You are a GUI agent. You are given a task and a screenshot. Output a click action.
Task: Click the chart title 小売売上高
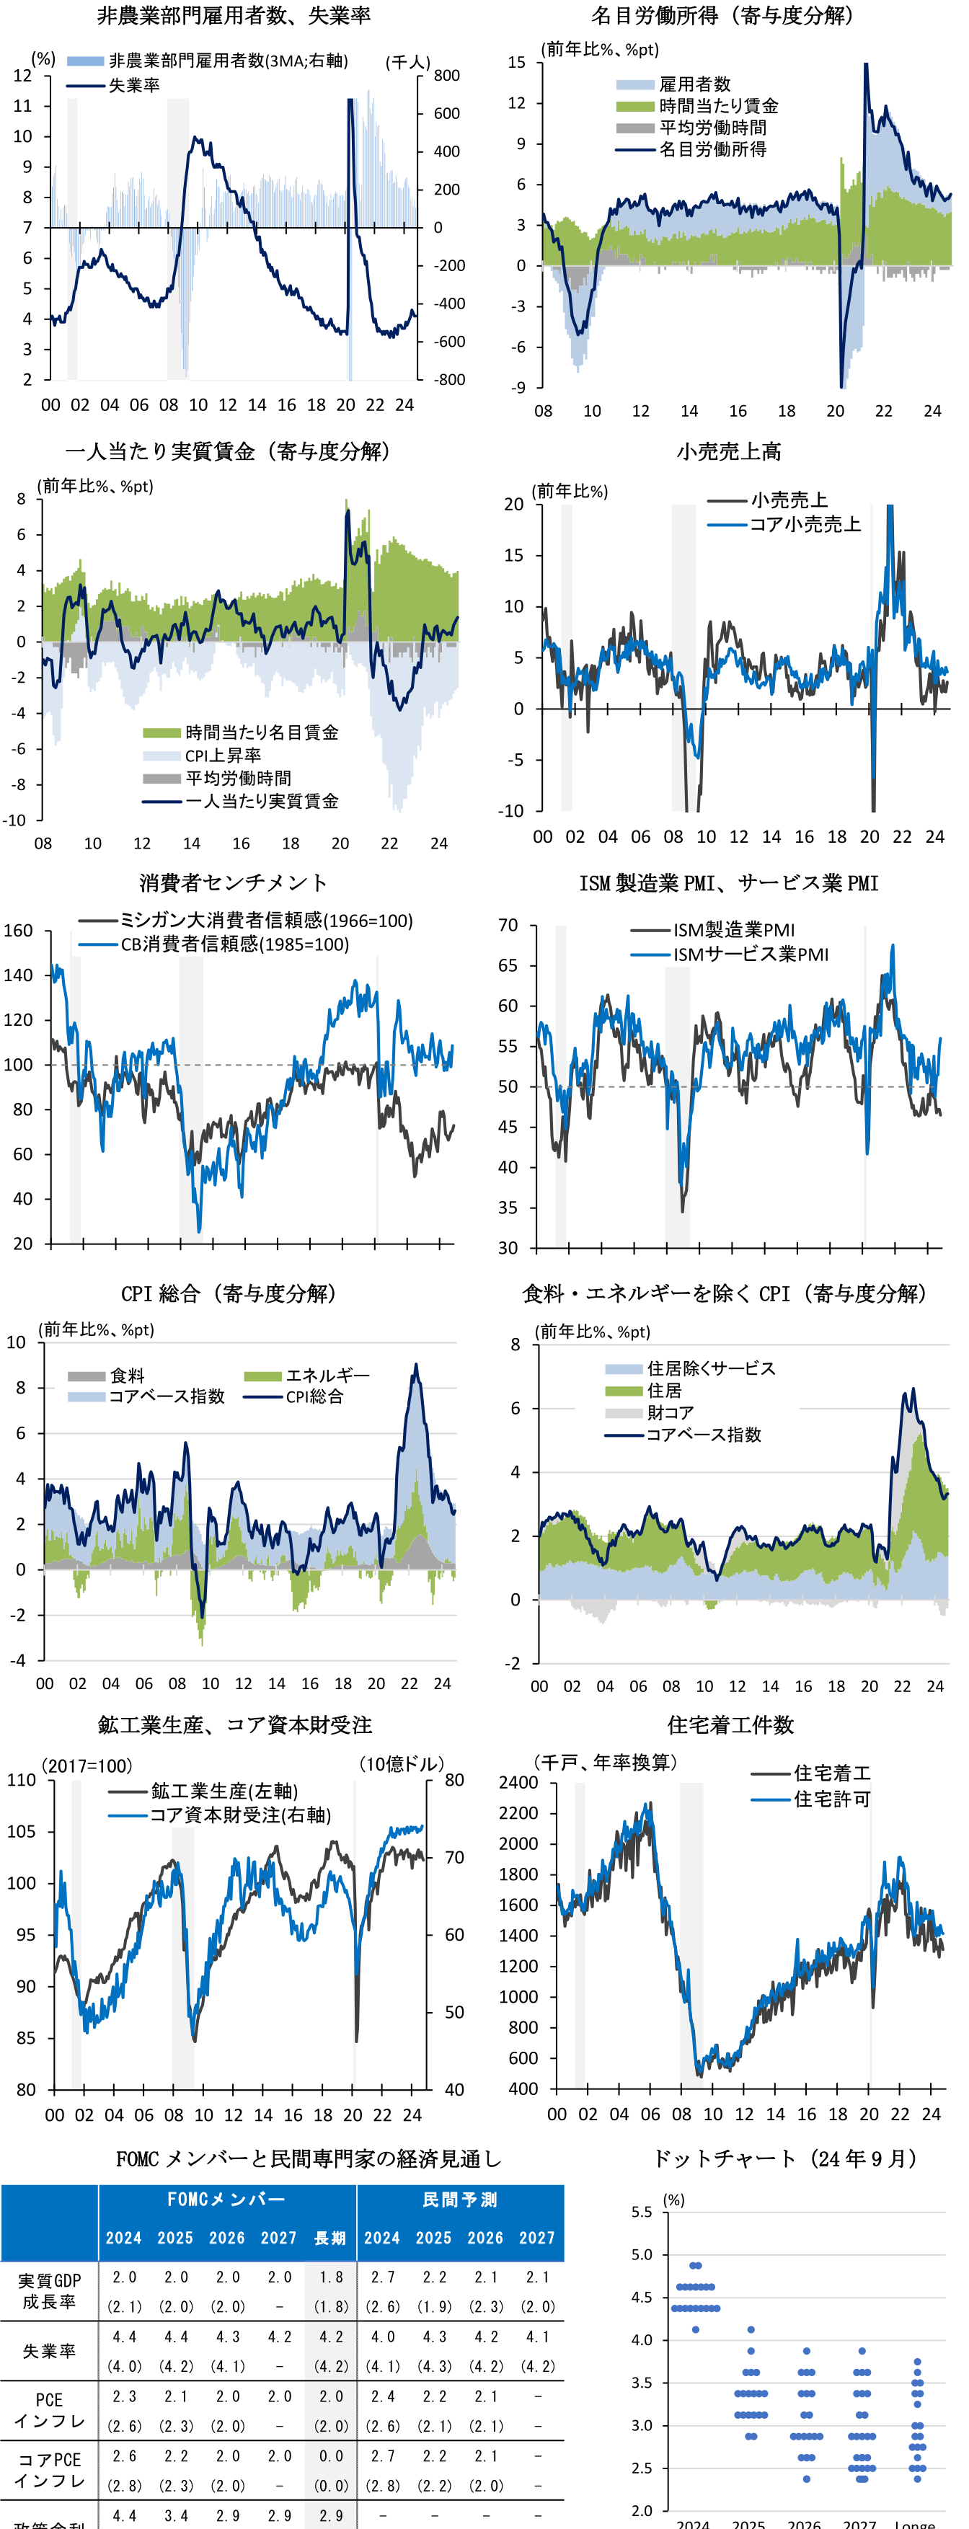click(728, 451)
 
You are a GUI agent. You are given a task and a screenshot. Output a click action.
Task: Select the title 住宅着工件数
click(730, 1725)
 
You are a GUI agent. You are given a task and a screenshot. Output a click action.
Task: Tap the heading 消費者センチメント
click(233, 882)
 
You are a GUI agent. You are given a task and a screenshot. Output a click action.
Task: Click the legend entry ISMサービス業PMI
click(750, 955)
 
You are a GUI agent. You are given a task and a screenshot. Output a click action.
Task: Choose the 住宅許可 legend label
click(831, 1799)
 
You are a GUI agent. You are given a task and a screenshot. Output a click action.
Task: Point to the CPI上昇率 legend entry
click(223, 755)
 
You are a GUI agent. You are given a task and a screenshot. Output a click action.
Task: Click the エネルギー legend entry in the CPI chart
click(327, 1376)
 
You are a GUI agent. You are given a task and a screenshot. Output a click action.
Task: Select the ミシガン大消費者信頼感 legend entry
click(265, 920)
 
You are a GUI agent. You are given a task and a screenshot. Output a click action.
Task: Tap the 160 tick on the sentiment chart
click(18, 930)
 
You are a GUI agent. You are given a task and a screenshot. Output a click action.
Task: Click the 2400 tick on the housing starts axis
click(518, 1782)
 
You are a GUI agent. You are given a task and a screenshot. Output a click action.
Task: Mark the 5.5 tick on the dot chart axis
click(641, 2212)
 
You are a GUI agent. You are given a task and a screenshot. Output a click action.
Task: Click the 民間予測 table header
click(459, 2199)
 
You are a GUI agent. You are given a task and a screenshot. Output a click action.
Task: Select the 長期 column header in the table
click(330, 2238)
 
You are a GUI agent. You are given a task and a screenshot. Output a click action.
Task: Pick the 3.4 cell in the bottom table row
click(176, 2515)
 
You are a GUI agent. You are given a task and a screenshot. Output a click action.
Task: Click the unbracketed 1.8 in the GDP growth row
click(331, 2277)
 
